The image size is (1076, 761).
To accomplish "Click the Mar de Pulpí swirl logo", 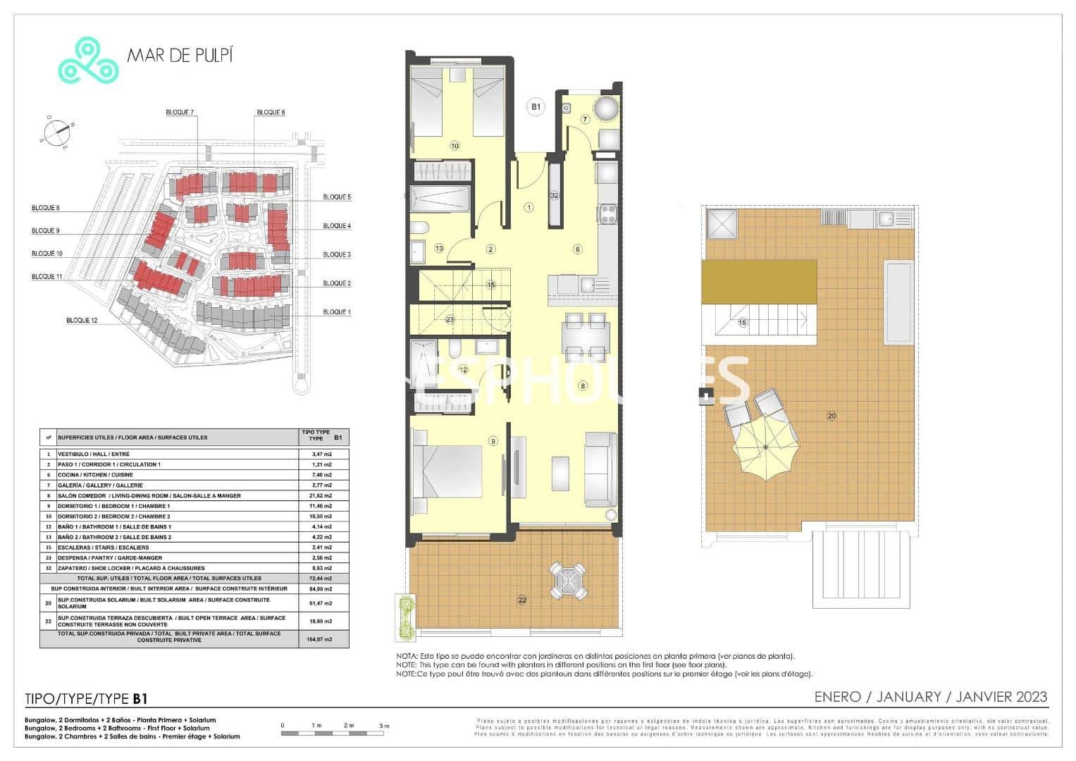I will (x=87, y=61).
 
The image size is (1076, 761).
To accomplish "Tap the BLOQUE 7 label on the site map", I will (x=180, y=113).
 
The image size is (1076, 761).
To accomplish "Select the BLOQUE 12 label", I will (x=82, y=321).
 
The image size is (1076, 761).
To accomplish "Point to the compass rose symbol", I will (x=56, y=132).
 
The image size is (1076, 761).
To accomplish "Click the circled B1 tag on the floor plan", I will (x=536, y=107).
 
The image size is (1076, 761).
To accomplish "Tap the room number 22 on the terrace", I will (x=522, y=600).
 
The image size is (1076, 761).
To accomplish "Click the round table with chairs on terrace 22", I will (x=568, y=580).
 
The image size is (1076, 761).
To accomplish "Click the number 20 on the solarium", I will (x=831, y=416).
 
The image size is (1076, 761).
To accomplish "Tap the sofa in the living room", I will (x=600, y=469).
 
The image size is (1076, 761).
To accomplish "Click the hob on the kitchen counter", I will (x=607, y=212).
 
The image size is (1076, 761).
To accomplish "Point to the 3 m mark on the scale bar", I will (x=384, y=726).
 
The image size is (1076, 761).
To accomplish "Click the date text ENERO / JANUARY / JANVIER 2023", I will (x=930, y=697).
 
